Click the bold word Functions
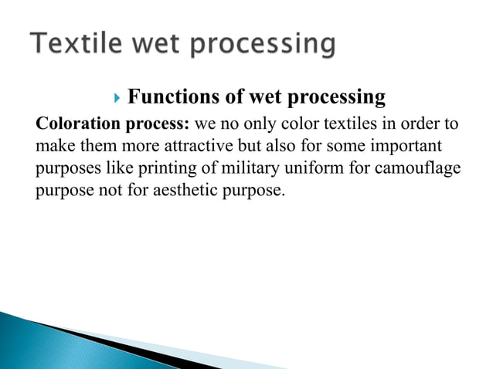171,97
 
